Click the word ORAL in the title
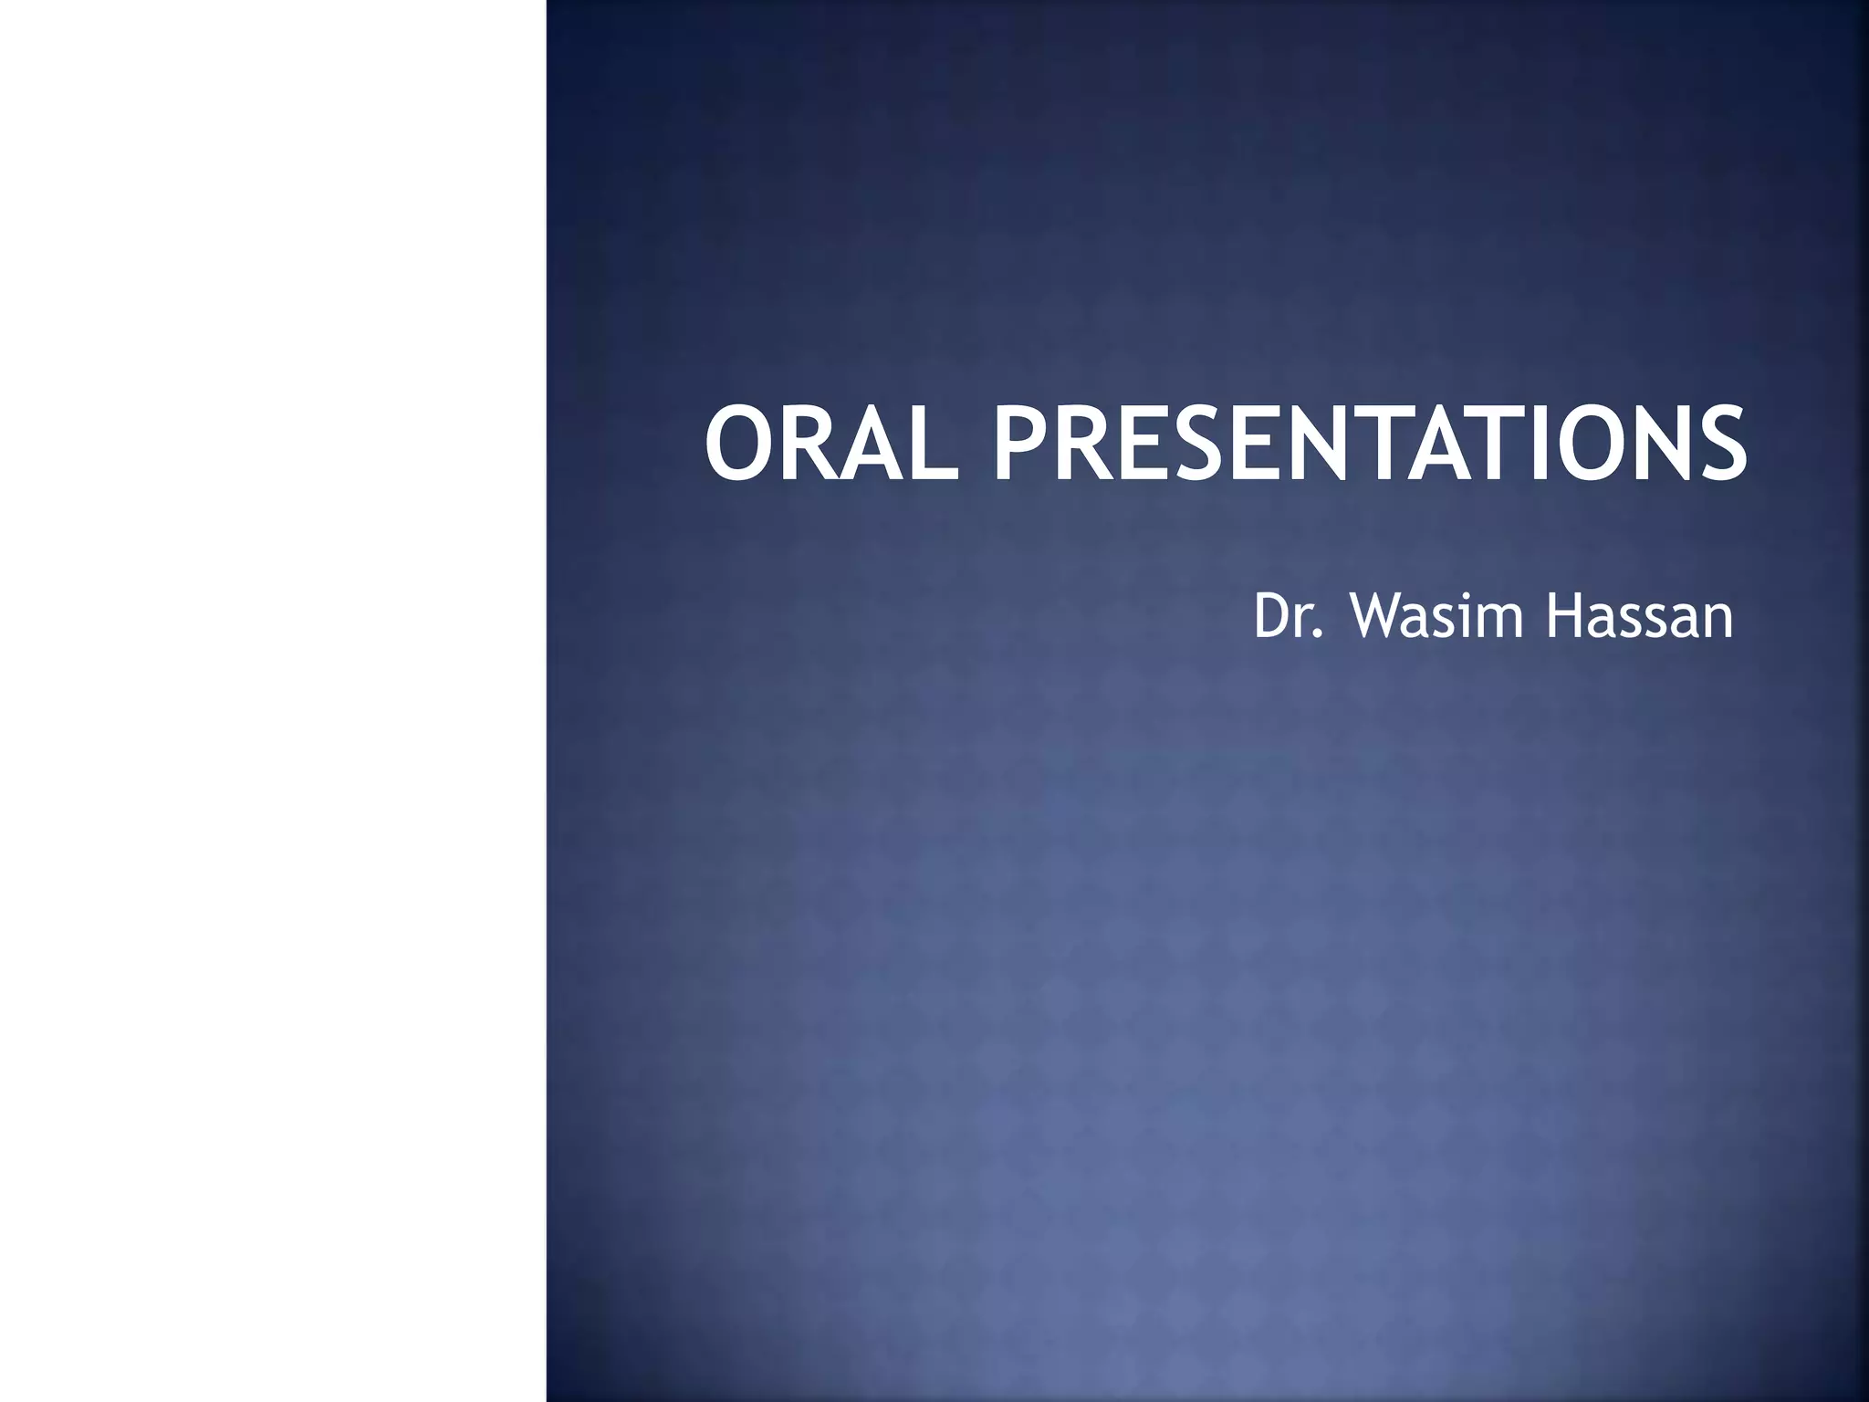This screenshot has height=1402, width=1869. point(830,445)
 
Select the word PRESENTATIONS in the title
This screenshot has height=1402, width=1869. point(1369,445)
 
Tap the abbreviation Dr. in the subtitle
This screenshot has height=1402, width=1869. point(1288,617)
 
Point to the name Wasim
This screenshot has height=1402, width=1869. point(1436,617)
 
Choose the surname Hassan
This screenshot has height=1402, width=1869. point(1639,617)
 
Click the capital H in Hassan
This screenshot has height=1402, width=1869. point(1563,617)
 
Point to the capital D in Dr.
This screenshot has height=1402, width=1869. point(1271,617)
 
